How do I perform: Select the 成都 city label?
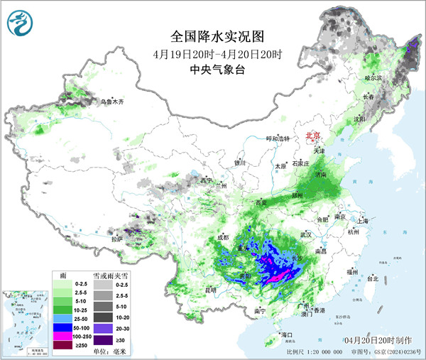pyautogui.click(x=223, y=237)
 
